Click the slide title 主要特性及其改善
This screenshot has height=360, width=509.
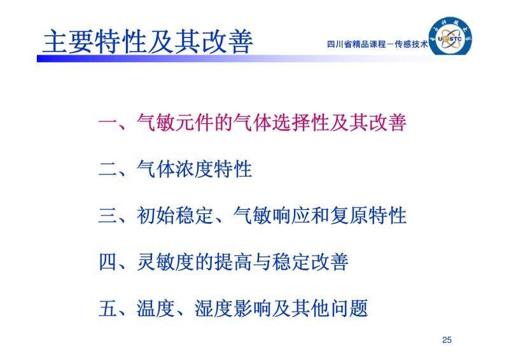point(148,42)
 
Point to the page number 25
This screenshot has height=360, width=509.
point(447,340)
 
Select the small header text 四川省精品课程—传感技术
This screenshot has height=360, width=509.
point(377,44)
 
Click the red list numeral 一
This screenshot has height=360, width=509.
point(108,123)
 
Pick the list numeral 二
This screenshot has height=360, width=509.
point(108,169)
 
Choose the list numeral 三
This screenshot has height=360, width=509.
point(108,216)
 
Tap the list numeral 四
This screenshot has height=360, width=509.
point(108,262)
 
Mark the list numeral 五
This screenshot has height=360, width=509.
point(108,308)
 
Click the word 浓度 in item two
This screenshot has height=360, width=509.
point(194,169)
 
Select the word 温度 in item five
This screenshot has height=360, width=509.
point(155,308)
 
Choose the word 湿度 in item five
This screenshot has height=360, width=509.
point(213,308)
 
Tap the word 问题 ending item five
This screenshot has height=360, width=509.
point(348,308)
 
